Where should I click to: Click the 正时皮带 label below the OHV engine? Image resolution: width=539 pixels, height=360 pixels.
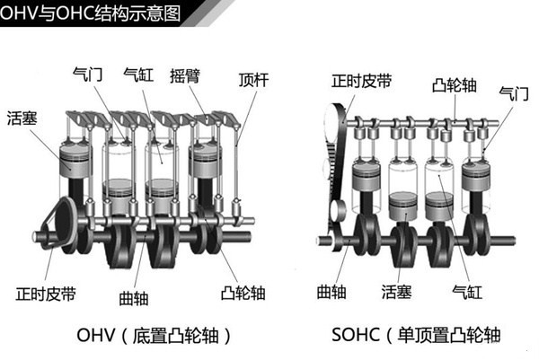click(40, 293)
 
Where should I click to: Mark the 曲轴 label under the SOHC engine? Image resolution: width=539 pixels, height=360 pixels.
click(331, 291)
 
